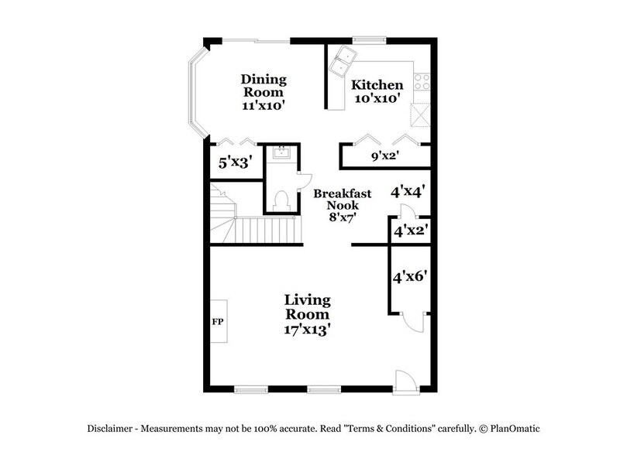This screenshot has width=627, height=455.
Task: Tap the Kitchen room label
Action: click(x=377, y=85)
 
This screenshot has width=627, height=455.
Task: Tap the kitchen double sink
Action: click(x=341, y=61)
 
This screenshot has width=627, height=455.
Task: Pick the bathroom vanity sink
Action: click(x=281, y=153)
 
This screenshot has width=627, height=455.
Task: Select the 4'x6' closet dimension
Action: click(x=410, y=275)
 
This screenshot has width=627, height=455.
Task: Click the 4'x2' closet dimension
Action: click(x=411, y=230)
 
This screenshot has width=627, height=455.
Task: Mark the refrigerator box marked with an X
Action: click(x=422, y=116)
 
